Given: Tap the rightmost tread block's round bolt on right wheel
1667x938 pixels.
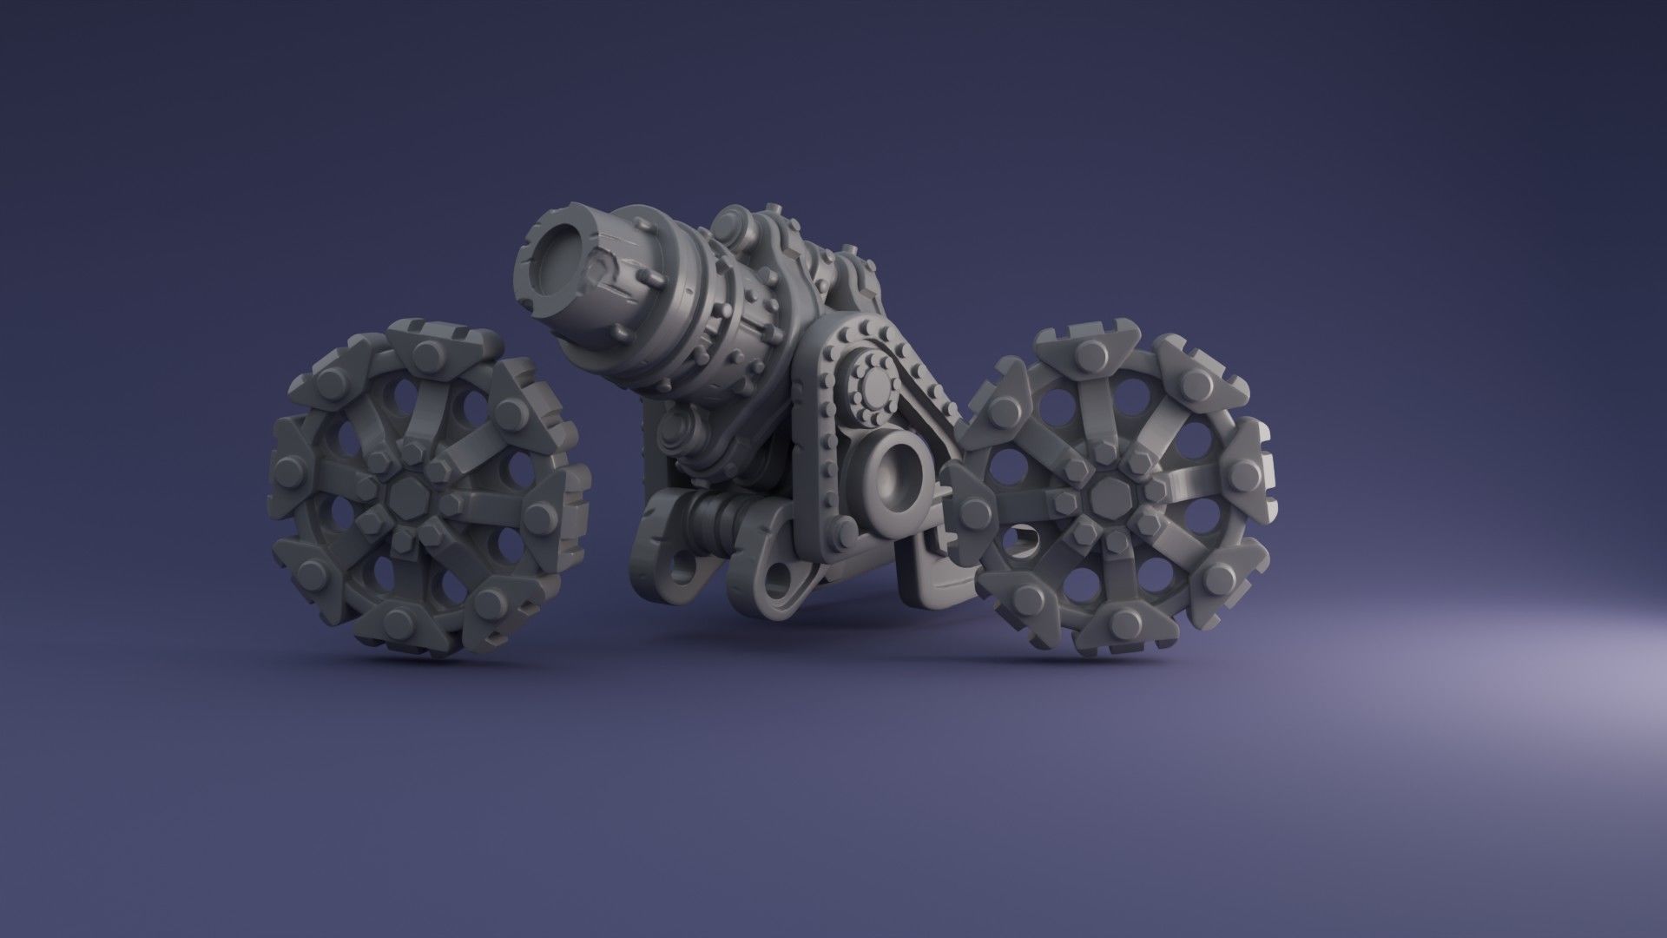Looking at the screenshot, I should coord(1242,473).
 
